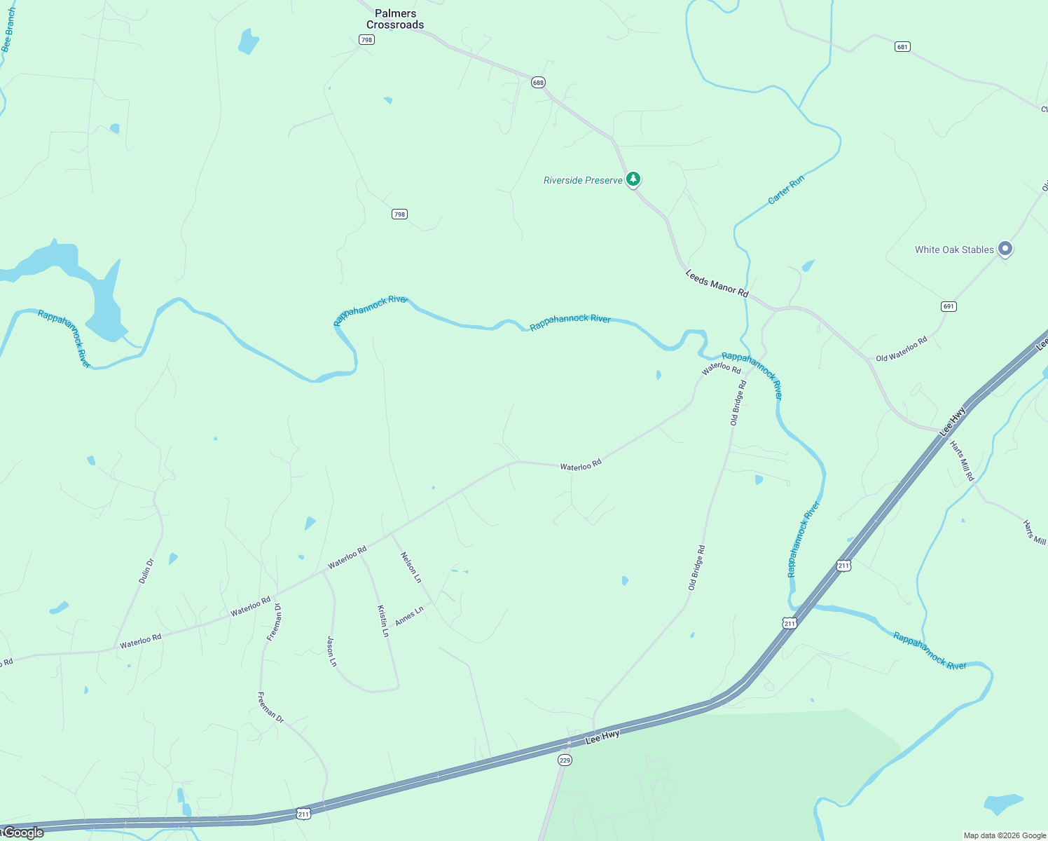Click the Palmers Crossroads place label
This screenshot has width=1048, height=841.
[395, 19]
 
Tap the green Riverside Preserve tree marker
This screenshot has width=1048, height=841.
[633, 179]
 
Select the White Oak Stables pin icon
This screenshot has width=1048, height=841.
[1005, 249]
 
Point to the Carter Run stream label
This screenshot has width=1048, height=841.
[786, 190]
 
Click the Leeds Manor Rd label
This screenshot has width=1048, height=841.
[717, 283]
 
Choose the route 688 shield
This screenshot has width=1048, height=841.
[538, 83]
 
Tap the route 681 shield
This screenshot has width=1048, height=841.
[902, 47]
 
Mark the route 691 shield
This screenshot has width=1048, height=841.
[949, 306]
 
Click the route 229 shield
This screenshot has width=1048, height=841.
[565, 760]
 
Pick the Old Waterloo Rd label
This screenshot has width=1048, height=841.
[902, 348]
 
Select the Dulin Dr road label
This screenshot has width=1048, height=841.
[146, 571]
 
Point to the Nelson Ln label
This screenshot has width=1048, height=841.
[411, 567]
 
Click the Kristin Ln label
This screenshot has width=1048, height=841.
[383, 620]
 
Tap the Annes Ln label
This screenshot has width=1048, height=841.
[409, 616]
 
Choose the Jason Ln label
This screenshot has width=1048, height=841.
[332, 651]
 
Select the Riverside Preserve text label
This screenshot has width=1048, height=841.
[583, 180]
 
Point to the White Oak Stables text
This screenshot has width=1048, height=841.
[954, 249]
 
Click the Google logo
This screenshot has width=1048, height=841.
[23, 833]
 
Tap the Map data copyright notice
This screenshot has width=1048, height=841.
[1005, 835]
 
